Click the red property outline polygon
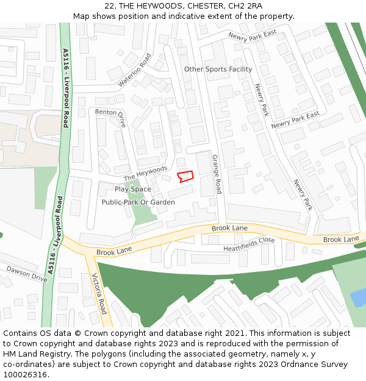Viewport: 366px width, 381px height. (x=185, y=176)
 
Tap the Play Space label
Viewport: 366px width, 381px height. (x=132, y=189)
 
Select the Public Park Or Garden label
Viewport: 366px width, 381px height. (x=138, y=202)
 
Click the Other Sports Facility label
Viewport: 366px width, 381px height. (x=218, y=69)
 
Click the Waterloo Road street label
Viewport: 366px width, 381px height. (x=134, y=69)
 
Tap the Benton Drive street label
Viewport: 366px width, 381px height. (x=110, y=116)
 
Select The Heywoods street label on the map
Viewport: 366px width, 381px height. (x=145, y=173)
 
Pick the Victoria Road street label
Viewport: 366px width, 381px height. (x=99, y=294)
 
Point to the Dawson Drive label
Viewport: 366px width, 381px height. (x=27, y=273)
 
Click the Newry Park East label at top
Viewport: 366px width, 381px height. (x=252, y=36)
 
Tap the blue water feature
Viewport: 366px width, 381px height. (x=358, y=298)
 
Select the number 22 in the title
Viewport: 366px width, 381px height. (x=110, y=6)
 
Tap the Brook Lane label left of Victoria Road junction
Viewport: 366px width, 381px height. (x=113, y=250)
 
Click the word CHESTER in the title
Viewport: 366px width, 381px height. (x=204, y=6)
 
